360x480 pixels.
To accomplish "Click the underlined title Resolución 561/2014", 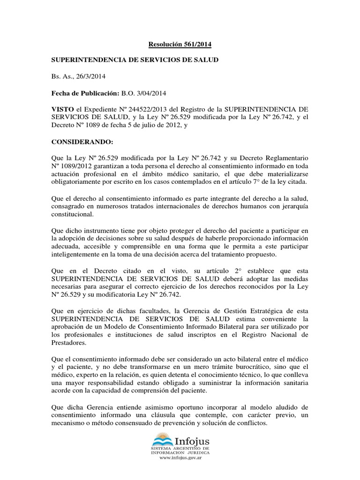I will point(180,45).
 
